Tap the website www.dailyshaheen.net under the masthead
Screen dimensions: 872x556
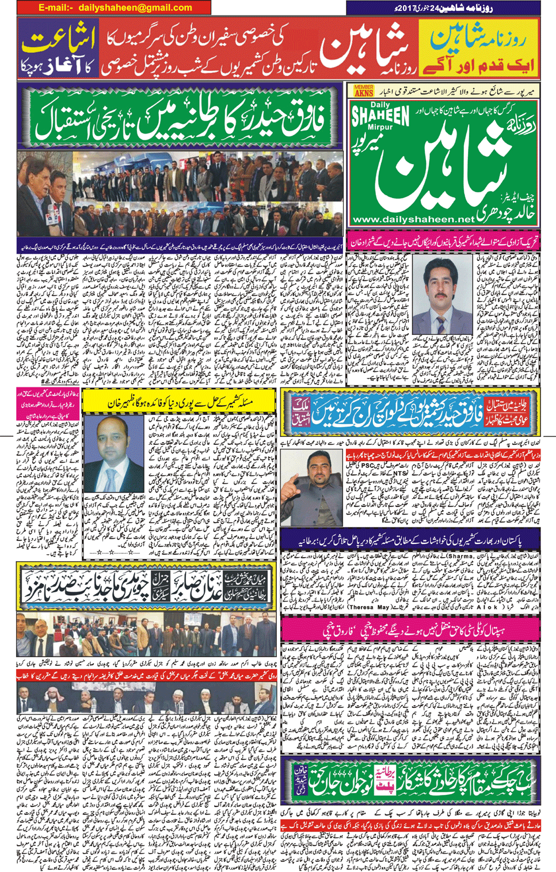413,219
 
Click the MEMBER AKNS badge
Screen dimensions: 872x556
364,90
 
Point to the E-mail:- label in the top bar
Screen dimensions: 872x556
56,7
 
